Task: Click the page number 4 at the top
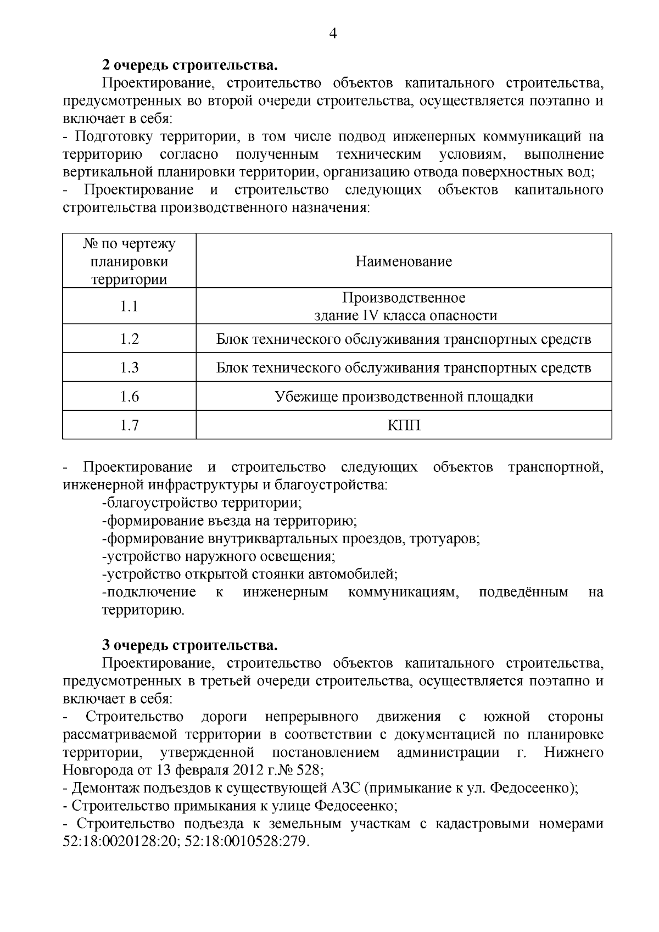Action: tap(332, 34)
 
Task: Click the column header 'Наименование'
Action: tap(404, 261)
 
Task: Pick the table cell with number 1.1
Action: tap(129, 306)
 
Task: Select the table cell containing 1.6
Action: tap(129, 397)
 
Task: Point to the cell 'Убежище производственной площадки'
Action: tap(404, 397)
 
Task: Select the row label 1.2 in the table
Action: tap(129, 339)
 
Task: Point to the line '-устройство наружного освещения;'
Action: tap(219, 556)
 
